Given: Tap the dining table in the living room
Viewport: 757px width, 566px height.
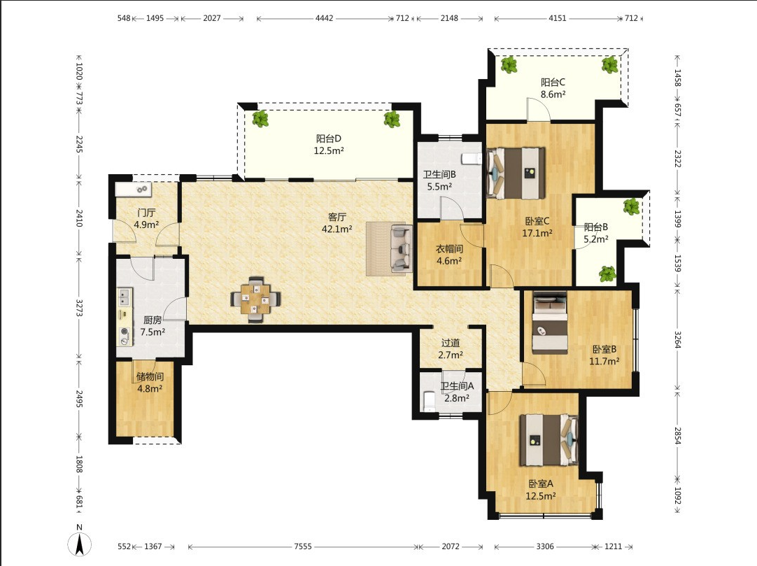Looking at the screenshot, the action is point(255,299).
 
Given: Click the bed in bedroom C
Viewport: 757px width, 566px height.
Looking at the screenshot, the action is point(516,173).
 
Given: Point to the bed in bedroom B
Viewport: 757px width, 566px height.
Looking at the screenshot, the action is point(550,323).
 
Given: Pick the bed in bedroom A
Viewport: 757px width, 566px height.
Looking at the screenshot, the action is point(549,439).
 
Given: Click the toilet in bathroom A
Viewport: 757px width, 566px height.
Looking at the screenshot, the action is point(429,402).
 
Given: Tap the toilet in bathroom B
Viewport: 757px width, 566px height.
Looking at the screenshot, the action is point(471,158).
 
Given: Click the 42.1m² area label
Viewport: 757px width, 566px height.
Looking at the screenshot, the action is point(337,229).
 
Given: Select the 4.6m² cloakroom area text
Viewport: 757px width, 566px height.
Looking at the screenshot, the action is point(449,261).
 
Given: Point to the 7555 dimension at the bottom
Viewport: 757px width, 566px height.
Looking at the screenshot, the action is point(303,546).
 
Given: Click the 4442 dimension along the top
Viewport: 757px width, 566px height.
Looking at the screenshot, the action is point(324,18).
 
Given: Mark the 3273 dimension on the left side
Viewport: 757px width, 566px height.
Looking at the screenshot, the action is point(79,308).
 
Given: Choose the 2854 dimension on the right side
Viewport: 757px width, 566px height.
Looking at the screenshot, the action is point(677,436).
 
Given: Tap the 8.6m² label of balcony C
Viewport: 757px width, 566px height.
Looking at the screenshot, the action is point(553,94).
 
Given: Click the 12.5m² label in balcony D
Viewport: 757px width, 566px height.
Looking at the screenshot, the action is point(329,150).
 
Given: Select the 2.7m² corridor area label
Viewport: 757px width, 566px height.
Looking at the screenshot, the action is point(451,355).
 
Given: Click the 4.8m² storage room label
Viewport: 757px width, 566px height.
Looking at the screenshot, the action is point(150,388).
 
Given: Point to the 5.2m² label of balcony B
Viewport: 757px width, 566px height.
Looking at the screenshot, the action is point(596,239).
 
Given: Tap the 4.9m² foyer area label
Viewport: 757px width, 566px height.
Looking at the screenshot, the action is point(146,225).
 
